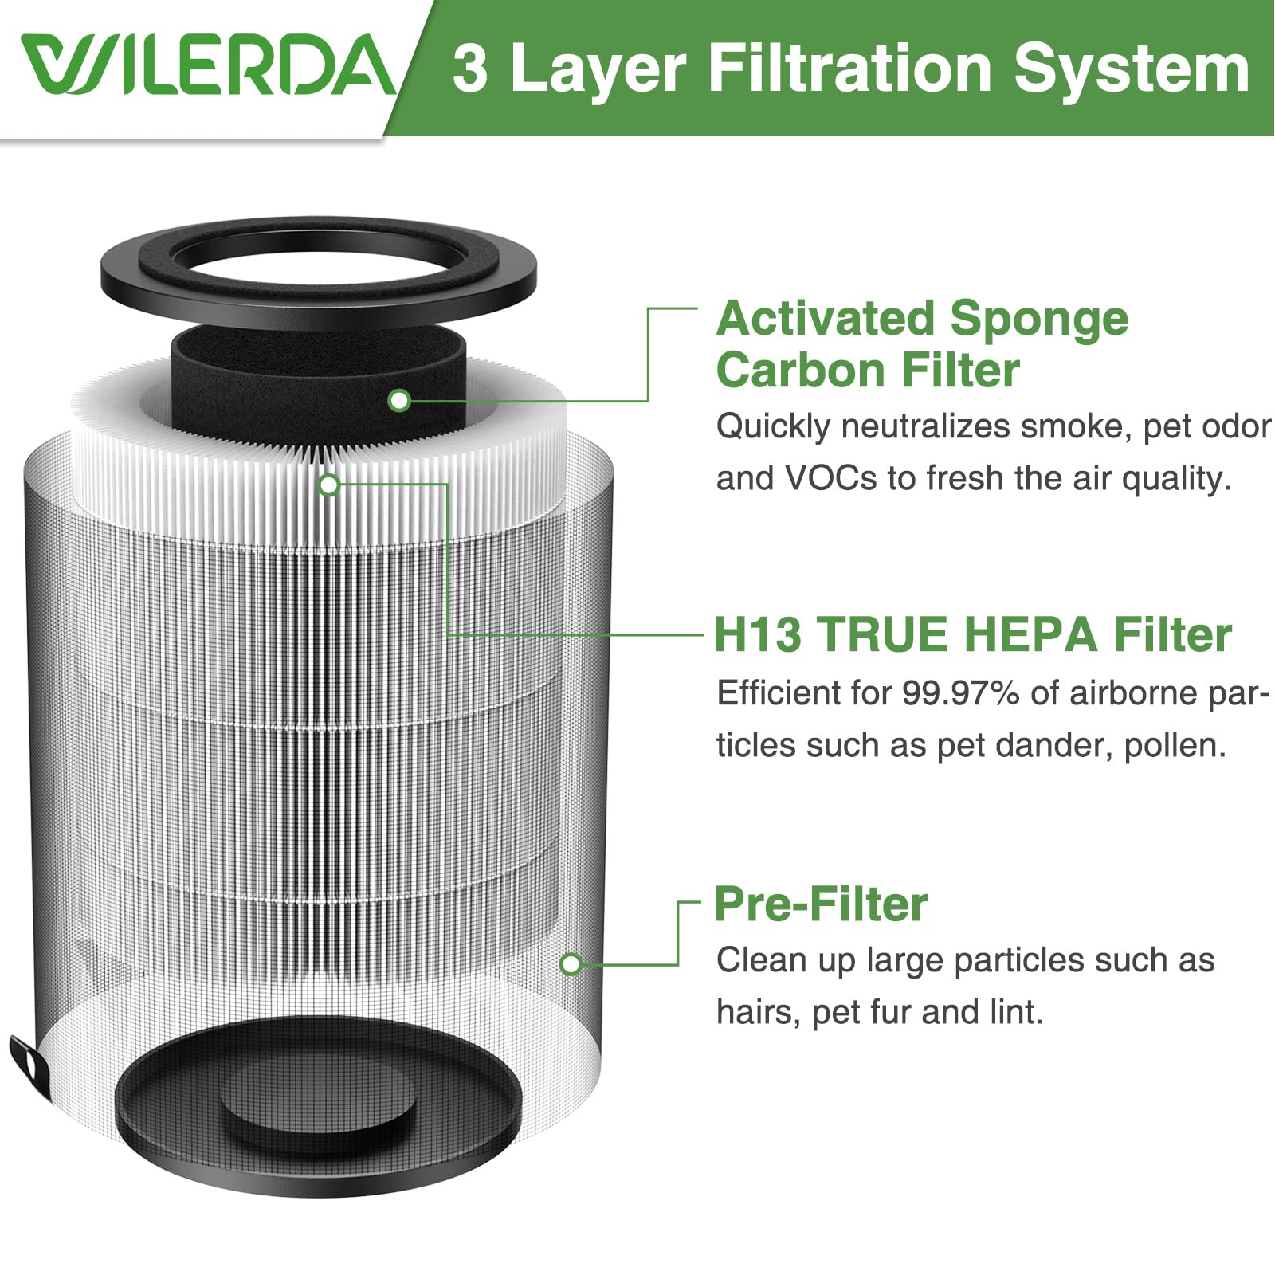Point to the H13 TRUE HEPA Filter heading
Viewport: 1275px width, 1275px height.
click(972, 635)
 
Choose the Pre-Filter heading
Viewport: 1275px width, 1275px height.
click(821, 904)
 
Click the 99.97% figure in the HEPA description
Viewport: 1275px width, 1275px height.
click(960, 693)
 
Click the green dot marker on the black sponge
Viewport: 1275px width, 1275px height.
click(399, 400)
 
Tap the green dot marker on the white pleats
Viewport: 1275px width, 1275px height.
click(329, 484)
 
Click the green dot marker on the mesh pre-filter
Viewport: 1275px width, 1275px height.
click(571, 965)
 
